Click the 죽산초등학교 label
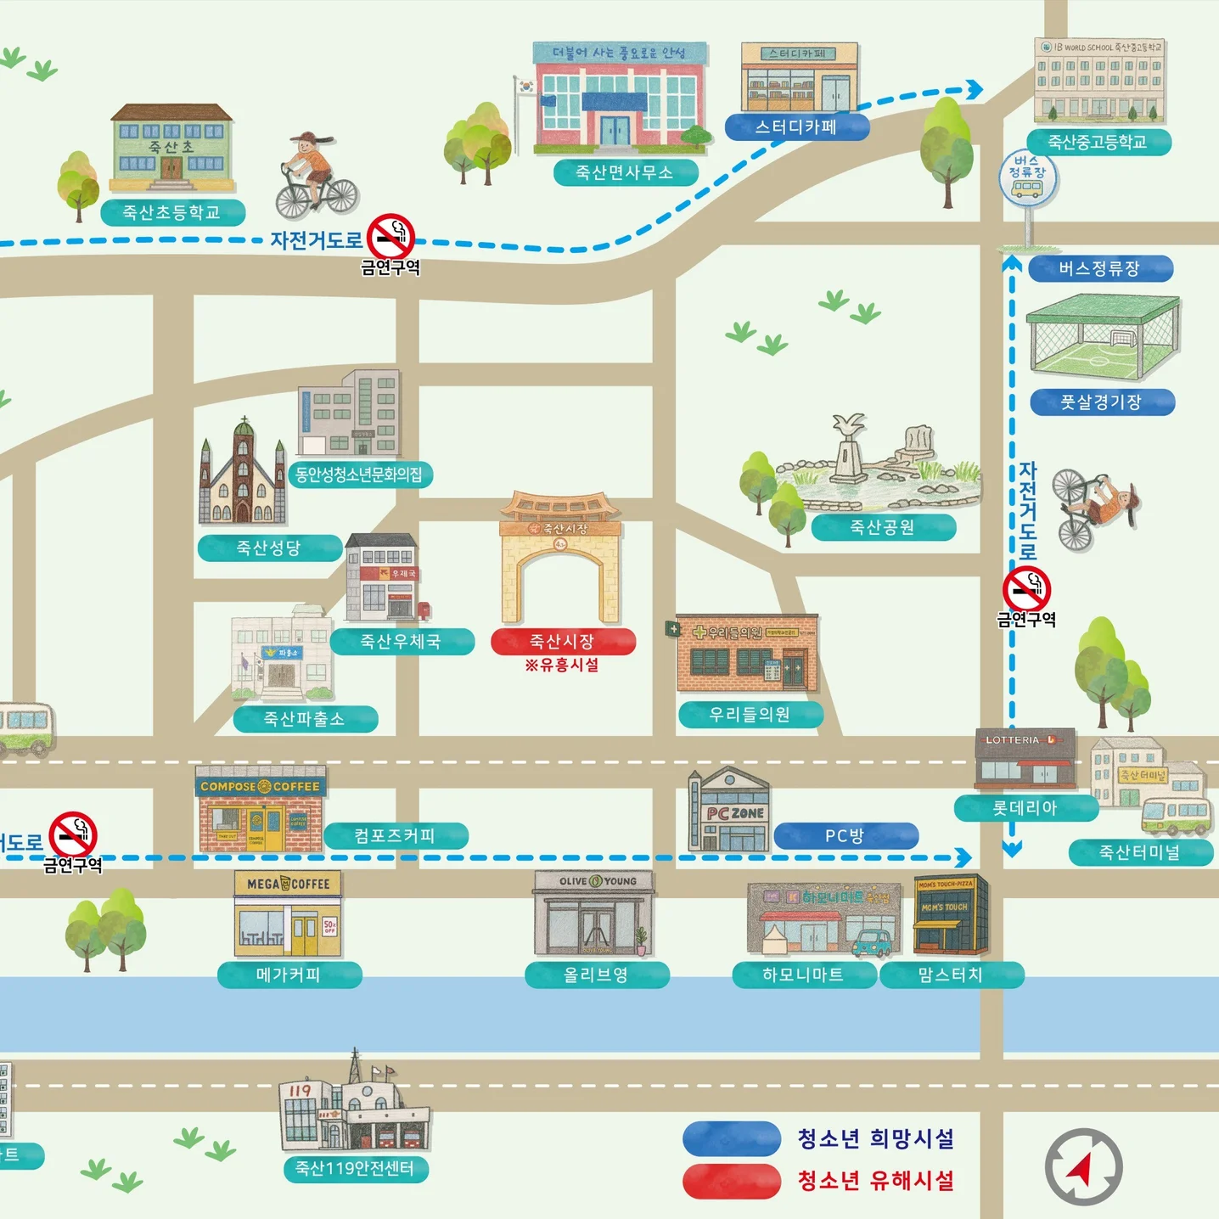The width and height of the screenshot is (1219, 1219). [172, 212]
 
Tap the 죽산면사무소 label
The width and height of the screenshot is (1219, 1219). [625, 172]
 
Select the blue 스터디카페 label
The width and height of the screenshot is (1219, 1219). [796, 127]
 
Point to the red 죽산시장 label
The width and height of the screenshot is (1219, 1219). [562, 641]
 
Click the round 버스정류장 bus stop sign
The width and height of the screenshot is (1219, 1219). [1027, 177]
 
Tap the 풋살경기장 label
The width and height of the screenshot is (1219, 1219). [1101, 402]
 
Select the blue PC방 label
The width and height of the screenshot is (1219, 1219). [845, 835]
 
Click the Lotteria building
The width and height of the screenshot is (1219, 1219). [1025, 758]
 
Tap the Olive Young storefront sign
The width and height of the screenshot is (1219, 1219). [593, 881]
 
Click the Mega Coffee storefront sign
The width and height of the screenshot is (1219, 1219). [288, 884]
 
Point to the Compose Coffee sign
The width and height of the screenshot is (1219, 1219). [260, 786]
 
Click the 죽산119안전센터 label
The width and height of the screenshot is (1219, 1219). [355, 1168]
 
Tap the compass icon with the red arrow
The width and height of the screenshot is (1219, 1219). [1082, 1166]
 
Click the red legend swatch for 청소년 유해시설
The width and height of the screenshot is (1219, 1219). [731, 1181]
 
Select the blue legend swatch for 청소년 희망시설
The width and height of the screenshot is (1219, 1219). [731, 1138]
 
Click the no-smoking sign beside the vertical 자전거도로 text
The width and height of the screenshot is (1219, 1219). [1026, 589]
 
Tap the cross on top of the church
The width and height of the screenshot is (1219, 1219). [244, 420]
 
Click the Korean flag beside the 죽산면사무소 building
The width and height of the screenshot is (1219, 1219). [527, 86]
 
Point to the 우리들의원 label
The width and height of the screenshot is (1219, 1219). [750, 714]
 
